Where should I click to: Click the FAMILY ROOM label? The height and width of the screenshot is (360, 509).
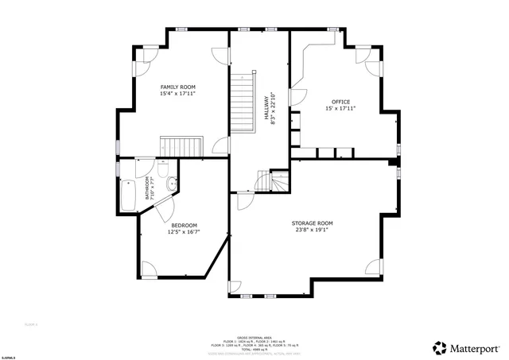(177, 87)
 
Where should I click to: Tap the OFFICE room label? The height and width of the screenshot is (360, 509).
(341, 102)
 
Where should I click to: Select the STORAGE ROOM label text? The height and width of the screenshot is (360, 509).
(312, 223)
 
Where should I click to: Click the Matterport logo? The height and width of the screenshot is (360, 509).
(467, 347)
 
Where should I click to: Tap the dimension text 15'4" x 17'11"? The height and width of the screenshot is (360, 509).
(177, 94)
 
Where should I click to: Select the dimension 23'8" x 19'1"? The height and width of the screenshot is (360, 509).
(312, 230)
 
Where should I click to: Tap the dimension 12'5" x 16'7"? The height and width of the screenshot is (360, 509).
(184, 233)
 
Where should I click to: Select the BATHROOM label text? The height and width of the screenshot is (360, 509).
(147, 189)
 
